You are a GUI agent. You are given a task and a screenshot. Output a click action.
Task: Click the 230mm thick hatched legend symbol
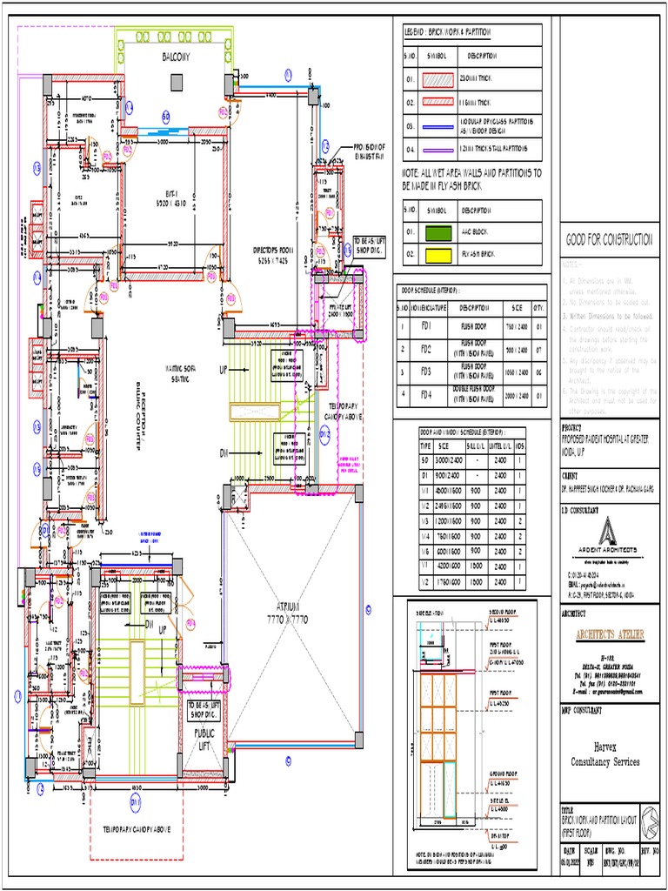tap(439, 79)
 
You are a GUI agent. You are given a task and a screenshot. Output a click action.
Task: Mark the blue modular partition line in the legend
tap(439, 124)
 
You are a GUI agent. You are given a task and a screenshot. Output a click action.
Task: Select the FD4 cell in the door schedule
tap(426, 394)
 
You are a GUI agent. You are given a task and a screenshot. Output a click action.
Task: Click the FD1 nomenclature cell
tap(426, 325)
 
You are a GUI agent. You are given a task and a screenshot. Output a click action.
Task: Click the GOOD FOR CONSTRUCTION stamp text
tap(609, 239)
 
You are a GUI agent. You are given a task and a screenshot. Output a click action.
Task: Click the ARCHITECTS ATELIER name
tap(609, 634)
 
